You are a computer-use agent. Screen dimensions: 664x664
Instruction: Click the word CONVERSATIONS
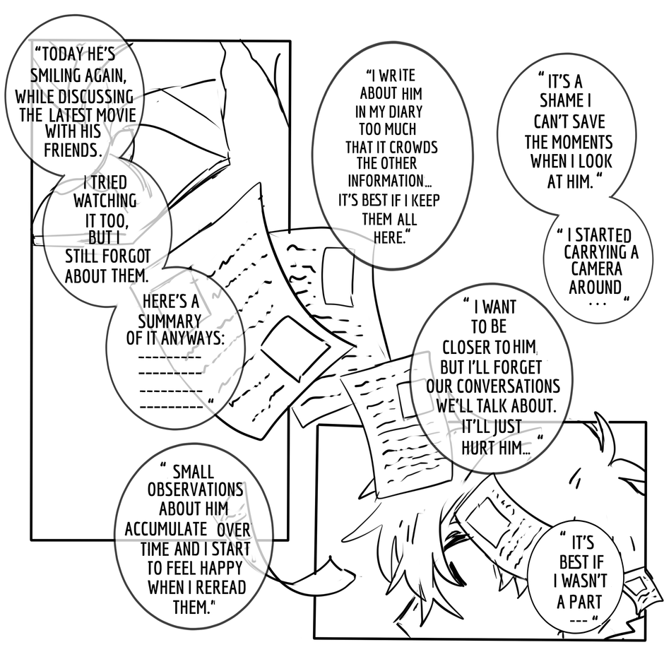[493, 386]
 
